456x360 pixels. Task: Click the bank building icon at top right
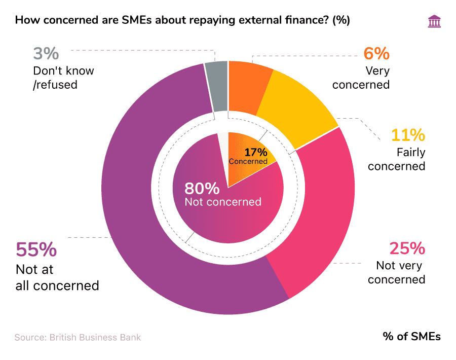[434, 21]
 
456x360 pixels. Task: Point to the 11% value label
[407, 135]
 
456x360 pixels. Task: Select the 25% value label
[406, 248]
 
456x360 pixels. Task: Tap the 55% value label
[36, 250]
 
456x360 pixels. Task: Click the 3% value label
[46, 54]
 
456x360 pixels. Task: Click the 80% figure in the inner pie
[202, 189]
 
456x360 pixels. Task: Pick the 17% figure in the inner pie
[255, 152]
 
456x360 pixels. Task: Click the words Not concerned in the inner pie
[223, 202]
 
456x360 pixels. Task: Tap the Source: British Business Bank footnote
[78, 337]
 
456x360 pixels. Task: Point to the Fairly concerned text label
[396, 159]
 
